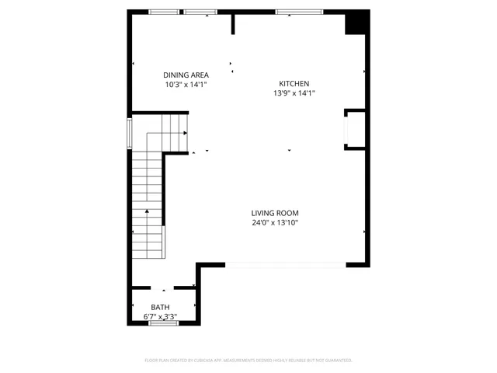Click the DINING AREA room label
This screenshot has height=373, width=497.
(186, 75)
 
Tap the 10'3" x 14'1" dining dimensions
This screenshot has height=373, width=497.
(186, 85)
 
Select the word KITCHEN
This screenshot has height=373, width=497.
(294, 84)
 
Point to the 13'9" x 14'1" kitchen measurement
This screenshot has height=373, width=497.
(294, 93)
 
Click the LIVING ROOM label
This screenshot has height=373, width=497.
(274, 213)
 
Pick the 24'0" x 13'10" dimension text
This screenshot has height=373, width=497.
(274, 223)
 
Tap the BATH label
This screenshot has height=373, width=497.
(160, 308)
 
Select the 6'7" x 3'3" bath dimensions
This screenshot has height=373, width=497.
(160, 317)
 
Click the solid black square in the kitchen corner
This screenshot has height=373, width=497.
(356, 23)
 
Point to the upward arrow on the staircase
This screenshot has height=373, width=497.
(146, 211)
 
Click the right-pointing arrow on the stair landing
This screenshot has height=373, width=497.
(185, 133)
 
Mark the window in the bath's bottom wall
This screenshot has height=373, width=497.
(163, 323)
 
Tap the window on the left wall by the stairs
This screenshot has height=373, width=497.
(130, 132)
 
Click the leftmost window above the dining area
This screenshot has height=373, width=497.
(164, 12)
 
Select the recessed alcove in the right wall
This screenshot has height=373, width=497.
(354, 129)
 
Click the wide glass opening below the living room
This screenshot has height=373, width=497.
(285, 265)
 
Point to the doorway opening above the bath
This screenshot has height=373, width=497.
(162, 288)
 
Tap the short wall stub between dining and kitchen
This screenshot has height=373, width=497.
(232, 23)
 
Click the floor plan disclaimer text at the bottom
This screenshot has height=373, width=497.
(248, 361)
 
